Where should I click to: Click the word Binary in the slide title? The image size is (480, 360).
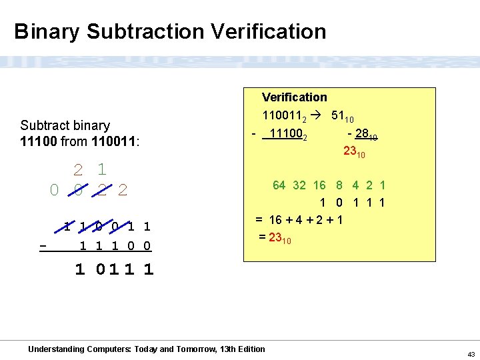(47, 32)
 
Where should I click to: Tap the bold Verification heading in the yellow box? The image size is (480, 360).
(294, 97)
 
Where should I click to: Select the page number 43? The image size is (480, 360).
(471, 353)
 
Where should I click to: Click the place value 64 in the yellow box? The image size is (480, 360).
(279, 185)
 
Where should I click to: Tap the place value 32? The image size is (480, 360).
(299, 185)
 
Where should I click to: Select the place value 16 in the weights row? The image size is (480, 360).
(319, 185)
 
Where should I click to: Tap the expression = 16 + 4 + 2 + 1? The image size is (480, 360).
(299, 219)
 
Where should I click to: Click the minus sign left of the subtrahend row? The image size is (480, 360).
(43, 246)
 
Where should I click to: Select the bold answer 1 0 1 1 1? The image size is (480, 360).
(114, 269)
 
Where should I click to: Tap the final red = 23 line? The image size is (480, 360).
(274, 237)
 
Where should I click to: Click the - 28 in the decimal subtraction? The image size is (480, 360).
(361, 135)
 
